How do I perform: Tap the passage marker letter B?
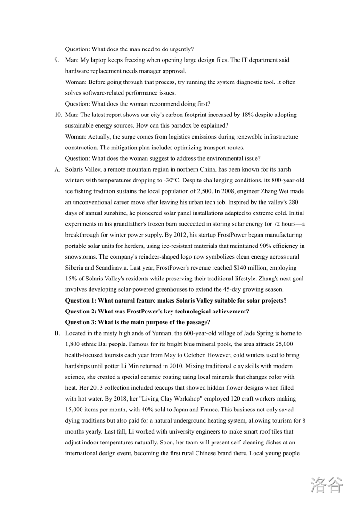click(57, 333)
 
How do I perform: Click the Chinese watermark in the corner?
click(327, 485)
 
